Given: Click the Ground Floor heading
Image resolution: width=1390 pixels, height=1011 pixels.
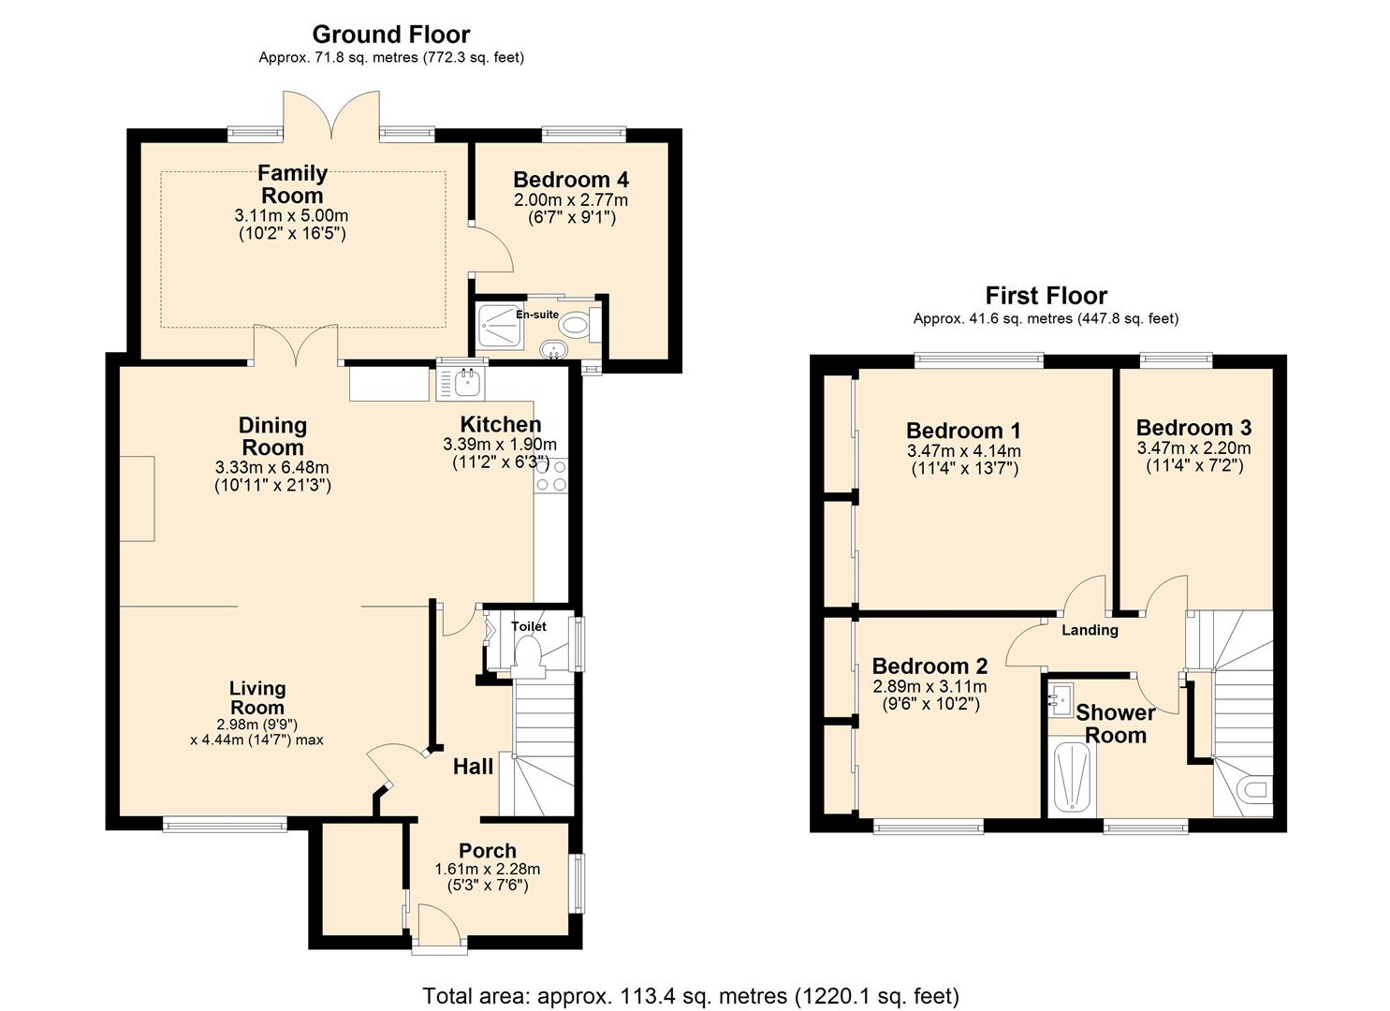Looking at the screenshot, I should pyautogui.click(x=390, y=35).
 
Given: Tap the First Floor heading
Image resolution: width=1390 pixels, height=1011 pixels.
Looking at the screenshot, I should pyautogui.click(x=1046, y=296).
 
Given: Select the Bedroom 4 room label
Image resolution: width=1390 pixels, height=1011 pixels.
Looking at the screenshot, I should pyautogui.click(x=570, y=180).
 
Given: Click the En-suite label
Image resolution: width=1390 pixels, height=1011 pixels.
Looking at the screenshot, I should pyautogui.click(x=536, y=315).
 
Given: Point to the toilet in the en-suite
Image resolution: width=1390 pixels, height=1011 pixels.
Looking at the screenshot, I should pyautogui.click(x=577, y=326).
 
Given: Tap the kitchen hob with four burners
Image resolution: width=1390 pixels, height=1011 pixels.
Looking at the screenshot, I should pyautogui.click(x=551, y=476).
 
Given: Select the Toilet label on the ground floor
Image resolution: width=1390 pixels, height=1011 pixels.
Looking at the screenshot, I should pyautogui.click(x=528, y=626).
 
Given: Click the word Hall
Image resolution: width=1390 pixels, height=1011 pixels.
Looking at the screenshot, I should pyautogui.click(x=473, y=767).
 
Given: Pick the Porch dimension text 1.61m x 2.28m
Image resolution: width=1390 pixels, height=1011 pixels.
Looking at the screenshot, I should pyautogui.click(x=487, y=869).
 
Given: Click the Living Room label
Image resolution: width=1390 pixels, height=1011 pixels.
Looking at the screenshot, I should pyautogui.click(x=257, y=698).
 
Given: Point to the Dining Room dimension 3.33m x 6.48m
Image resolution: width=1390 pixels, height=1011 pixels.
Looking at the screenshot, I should pyautogui.click(x=271, y=468).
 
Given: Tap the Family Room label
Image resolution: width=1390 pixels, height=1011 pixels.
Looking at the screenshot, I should pyautogui.click(x=292, y=184).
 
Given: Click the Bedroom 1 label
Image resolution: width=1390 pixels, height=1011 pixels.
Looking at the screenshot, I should pyautogui.click(x=963, y=431).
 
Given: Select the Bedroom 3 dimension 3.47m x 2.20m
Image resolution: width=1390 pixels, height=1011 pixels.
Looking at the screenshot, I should pyautogui.click(x=1193, y=448).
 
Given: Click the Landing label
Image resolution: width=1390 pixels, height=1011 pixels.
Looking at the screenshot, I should pyautogui.click(x=1090, y=630).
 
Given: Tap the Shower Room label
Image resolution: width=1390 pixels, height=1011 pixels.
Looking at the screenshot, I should pyautogui.click(x=1115, y=724).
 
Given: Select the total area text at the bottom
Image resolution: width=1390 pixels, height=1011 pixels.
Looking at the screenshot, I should pyautogui.click(x=691, y=995).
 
